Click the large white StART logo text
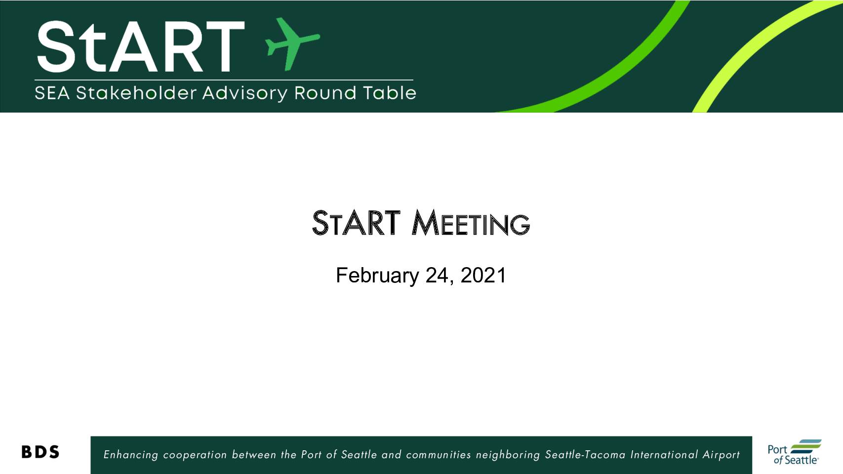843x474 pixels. (x=141, y=46)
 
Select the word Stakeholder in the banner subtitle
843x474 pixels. (x=136, y=93)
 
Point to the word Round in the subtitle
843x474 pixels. (x=325, y=93)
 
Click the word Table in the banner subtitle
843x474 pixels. (x=390, y=93)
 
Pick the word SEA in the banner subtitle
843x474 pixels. (x=52, y=93)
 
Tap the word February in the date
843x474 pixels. (x=377, y=276)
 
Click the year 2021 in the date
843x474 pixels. (x=483, y=275)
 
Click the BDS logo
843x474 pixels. (x=40, y=452)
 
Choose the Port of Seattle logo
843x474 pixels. (x=795, y=452)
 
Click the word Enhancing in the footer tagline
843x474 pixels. (x=130, y=455)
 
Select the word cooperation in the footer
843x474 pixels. (x=195, y=455)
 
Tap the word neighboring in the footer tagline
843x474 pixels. (x=508, y=455)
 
